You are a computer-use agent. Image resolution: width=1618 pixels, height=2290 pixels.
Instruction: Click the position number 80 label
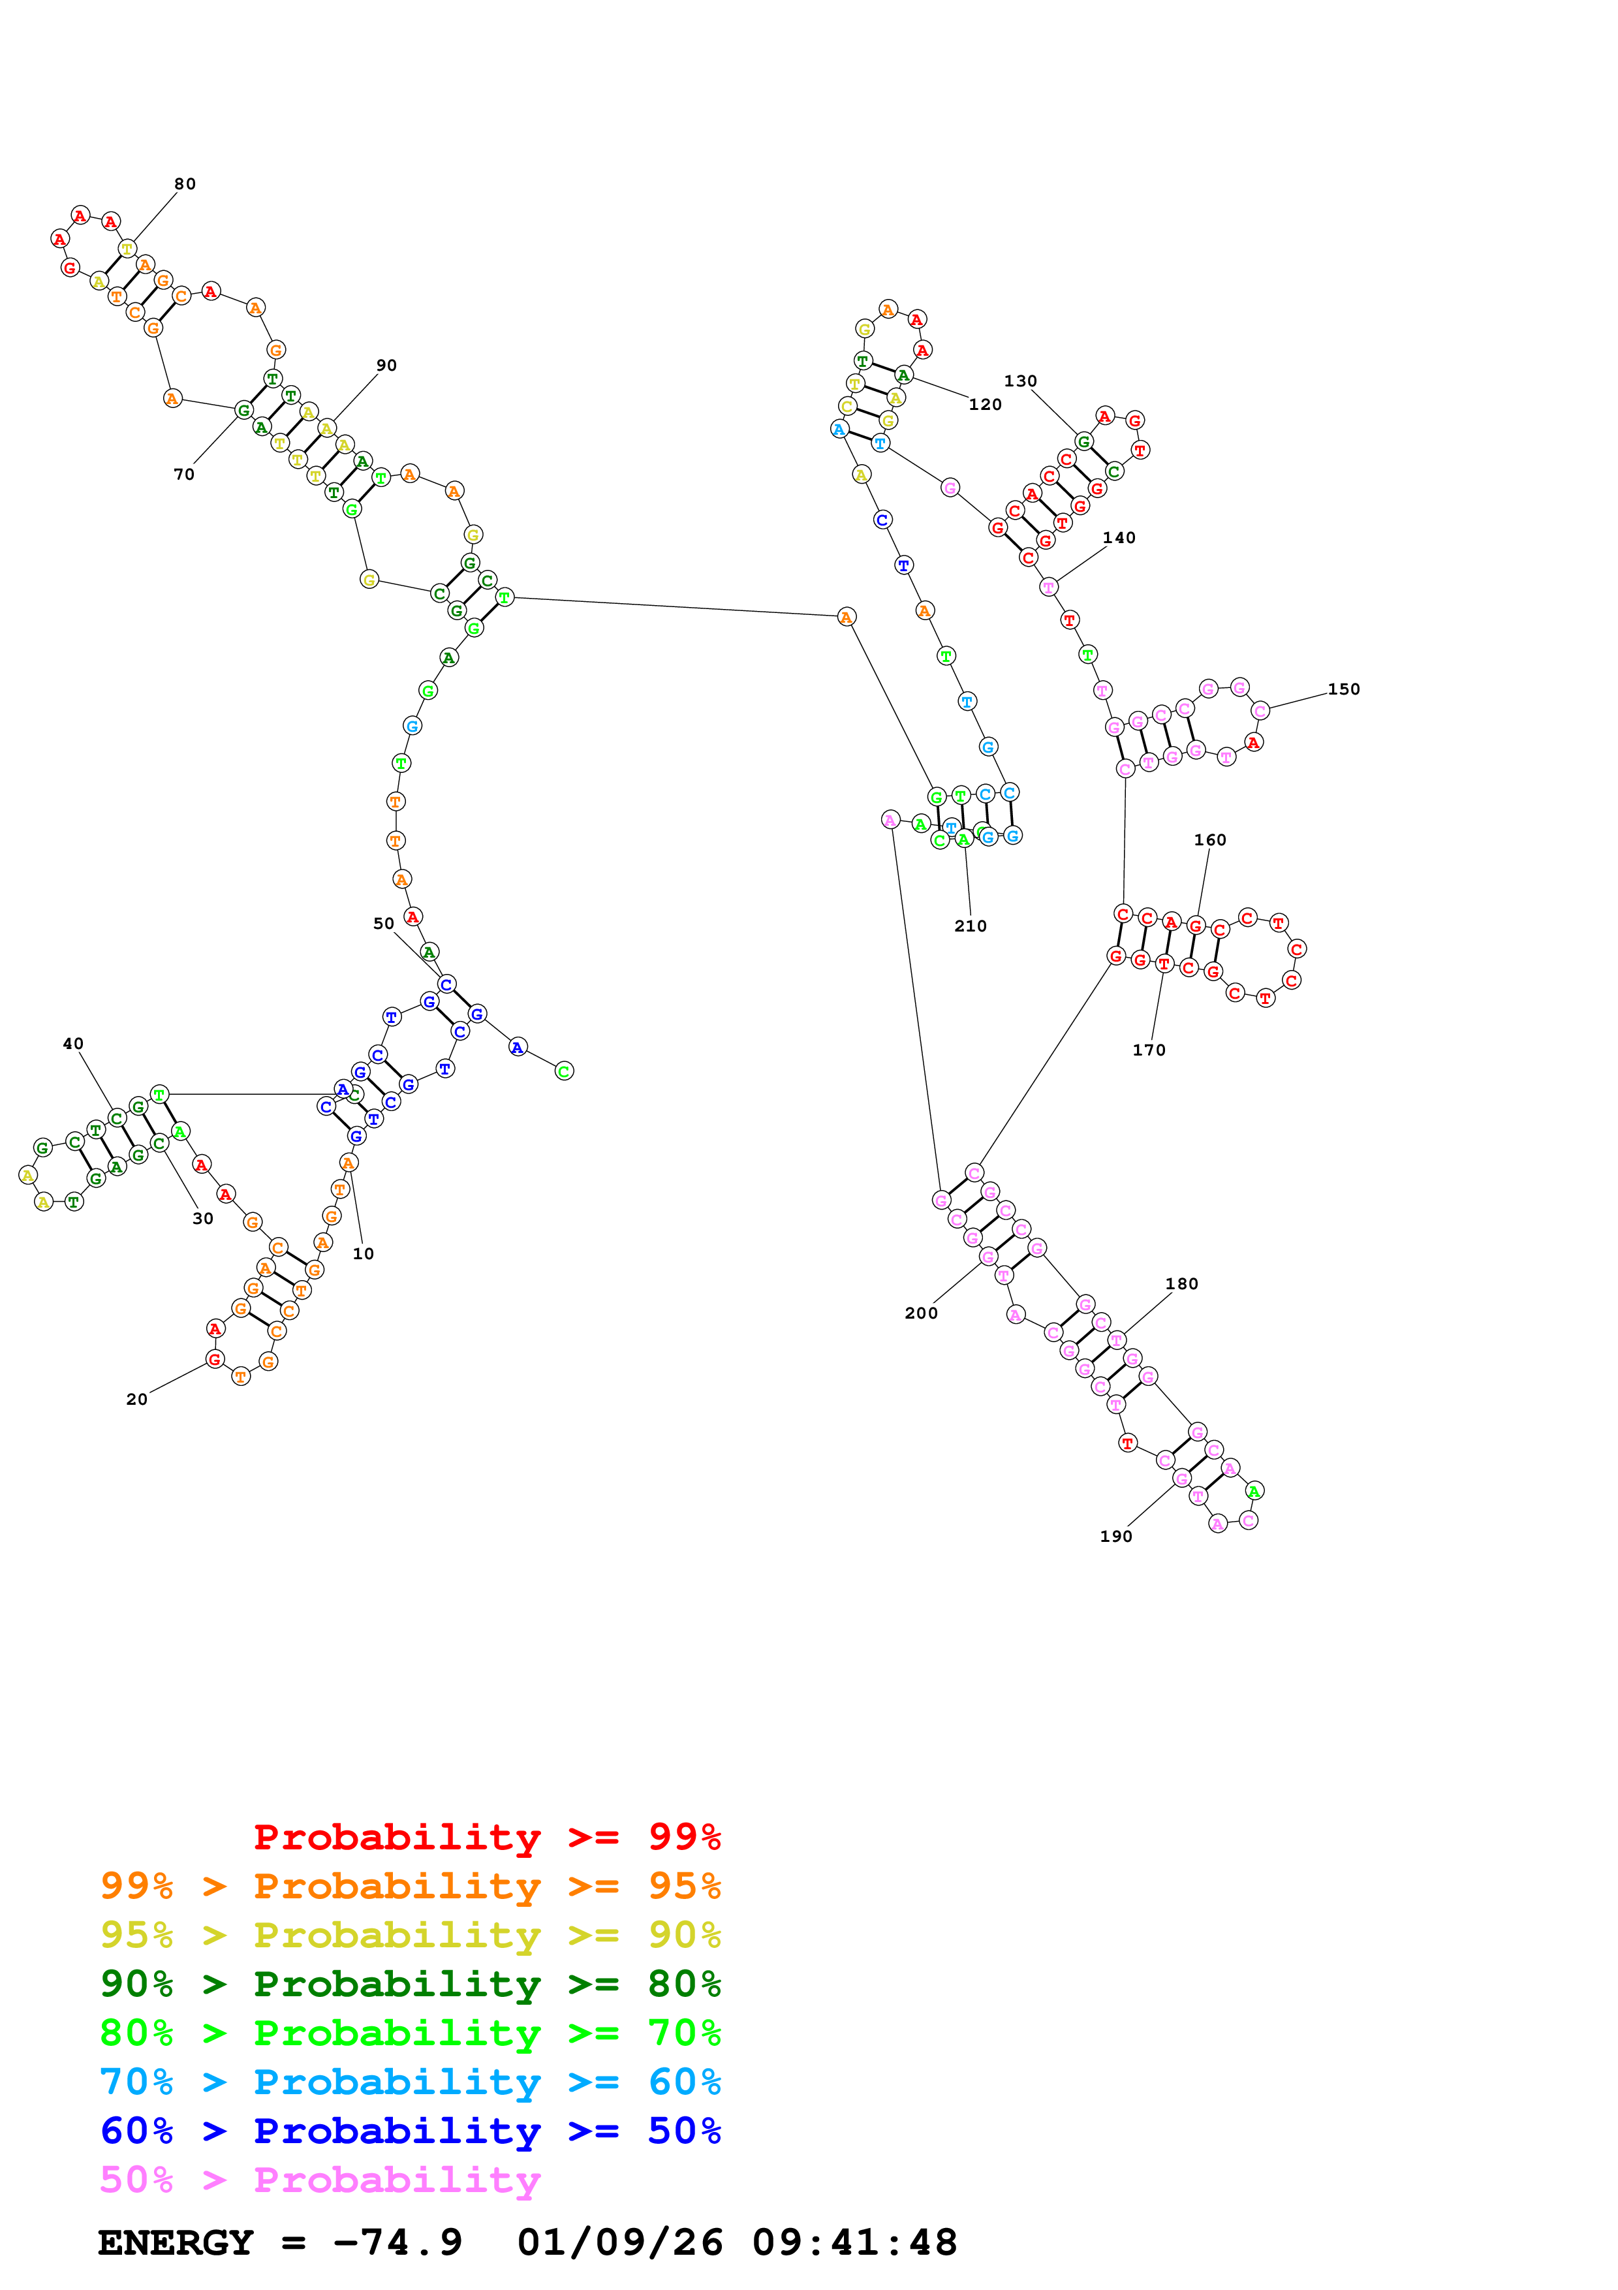(x=185, y=183)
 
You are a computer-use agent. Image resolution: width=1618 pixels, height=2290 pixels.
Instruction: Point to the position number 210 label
(x=970, y=926)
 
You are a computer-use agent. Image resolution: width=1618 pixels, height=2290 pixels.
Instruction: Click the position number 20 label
(x=136, y=1400)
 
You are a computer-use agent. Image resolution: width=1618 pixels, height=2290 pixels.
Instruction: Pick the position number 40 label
(x=73, y=1043)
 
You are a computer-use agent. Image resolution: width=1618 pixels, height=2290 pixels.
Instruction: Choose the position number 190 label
(x=1115, y=1536)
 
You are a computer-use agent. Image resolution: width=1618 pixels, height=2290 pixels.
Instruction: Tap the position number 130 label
(x=1020, y=381)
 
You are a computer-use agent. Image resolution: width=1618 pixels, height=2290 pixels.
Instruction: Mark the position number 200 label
(x=920, y=1313)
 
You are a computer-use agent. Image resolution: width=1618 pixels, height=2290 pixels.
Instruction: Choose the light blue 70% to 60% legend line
(x=410, y=2082)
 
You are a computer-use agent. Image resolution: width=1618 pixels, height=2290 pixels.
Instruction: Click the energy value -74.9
(x=397, y=2242)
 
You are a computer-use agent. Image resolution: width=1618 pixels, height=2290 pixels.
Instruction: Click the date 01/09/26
(x=619, y=2242)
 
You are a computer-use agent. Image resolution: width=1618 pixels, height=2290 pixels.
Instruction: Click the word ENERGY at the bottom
(x=176, y=2242)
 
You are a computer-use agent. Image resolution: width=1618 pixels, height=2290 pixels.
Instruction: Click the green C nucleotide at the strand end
(x=565, y=1071)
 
